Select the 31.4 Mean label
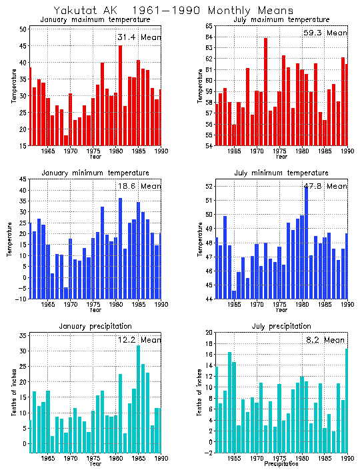click(x=139, y=37)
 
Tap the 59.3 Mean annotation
click(x=325, y=33)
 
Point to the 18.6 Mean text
click(x=139, y=186)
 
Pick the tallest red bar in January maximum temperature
click(x=120, y=95)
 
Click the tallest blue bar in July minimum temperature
click(x=306, y=243)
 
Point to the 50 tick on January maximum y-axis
click(x=23, y=29)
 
